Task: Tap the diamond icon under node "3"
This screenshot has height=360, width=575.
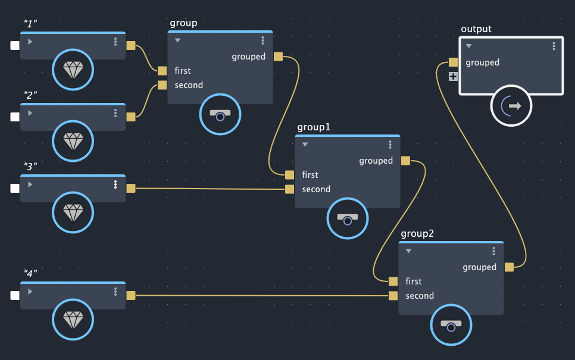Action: (73, 213)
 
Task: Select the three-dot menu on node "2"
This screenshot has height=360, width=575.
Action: (115, 113)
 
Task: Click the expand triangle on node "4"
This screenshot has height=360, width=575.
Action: (30, 292)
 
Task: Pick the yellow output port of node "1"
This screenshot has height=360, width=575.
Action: (131, 45)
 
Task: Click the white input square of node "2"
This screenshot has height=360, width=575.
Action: (15, 117)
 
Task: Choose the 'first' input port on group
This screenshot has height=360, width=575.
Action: (162, 71)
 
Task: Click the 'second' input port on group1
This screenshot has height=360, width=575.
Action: (289, 189)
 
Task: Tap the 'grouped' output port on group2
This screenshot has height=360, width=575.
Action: (509, 267)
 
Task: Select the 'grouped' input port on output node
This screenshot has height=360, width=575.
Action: (453, 62)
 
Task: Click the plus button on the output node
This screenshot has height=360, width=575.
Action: (453, 76)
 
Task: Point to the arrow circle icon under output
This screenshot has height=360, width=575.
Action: (511, 107)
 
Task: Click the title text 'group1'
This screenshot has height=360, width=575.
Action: (314, 127)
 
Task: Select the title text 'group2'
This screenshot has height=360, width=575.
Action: (417, 233)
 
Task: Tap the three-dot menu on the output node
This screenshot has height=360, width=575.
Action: (554, 46)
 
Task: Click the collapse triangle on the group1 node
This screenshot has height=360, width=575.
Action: (305, 145)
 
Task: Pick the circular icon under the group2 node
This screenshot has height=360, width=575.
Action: (451, 325)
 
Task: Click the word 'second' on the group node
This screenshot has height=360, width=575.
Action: (189, 85)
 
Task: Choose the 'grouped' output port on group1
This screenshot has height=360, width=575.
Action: (405, 161)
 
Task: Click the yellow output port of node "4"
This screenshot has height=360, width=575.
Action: (131, 295)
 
